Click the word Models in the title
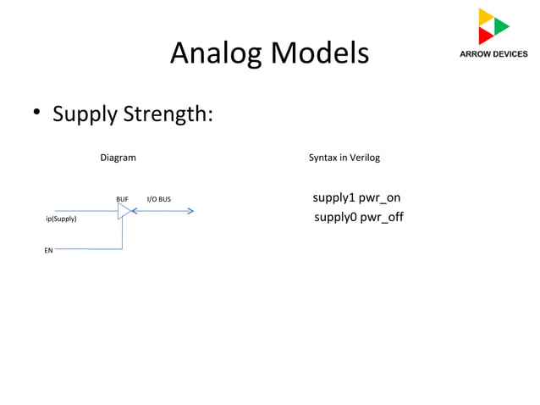click(319, 53)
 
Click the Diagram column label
click(118, 158)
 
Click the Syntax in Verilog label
click(344, 158)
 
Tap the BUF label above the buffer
click(122, 199)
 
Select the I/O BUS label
click(159, 199)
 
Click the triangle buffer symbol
click(124, 211)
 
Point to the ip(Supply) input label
click(61, 219)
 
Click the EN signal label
click(48, 251)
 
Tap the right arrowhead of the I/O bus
click(190, 210)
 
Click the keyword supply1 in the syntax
click(333, 198)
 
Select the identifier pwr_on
click(379, 198)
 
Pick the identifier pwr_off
click(382, 218)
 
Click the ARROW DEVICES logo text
click(493, 53)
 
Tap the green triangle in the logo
click(501, 26)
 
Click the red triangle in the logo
click(485, 36)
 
